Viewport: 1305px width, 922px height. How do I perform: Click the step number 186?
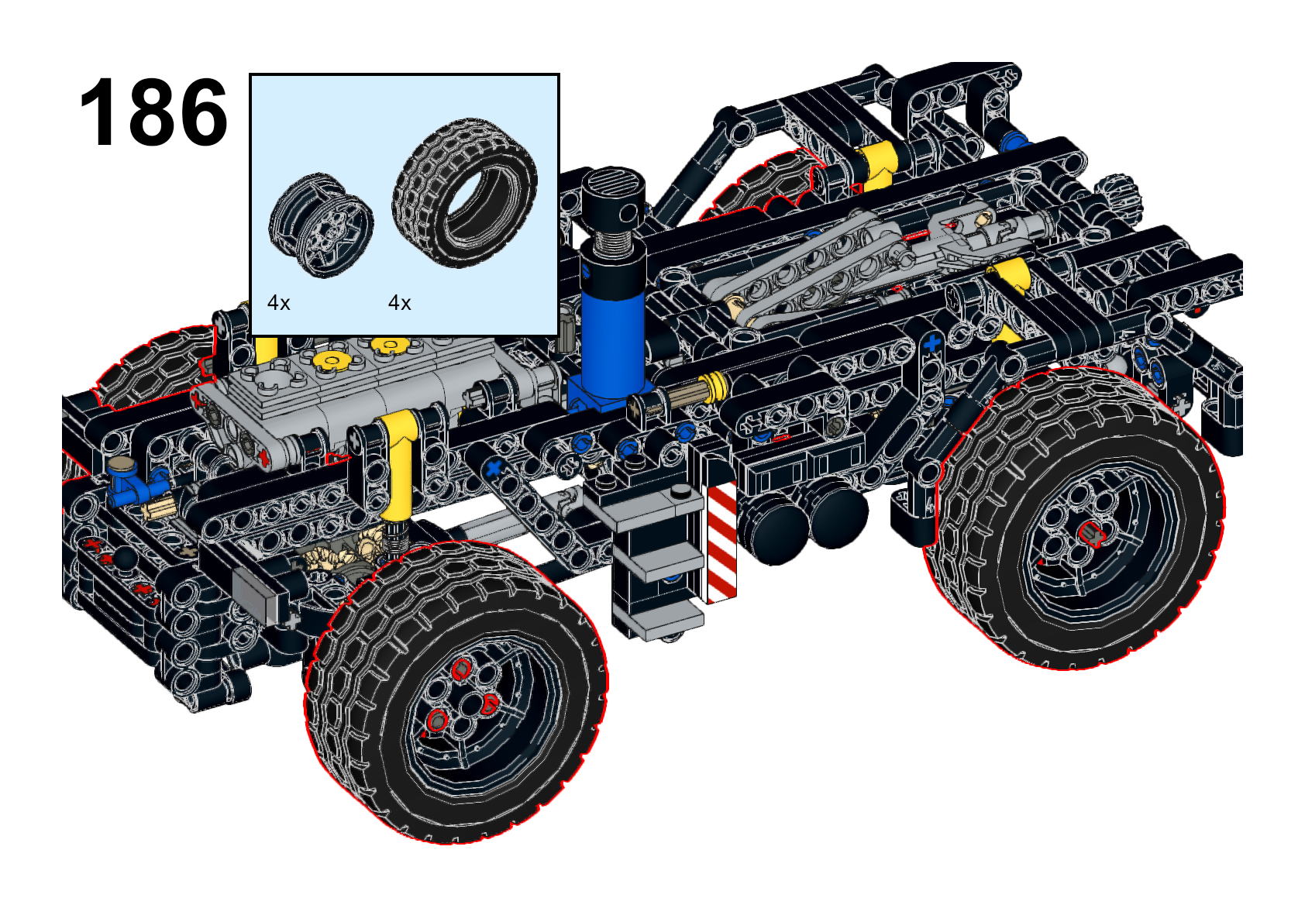pyautogui.click(x=153, y=112)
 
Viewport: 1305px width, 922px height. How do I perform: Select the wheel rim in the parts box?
pyautogui.click(x=321, y=225)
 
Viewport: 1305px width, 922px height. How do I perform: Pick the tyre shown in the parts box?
pyautogui.click(x=464, y=193)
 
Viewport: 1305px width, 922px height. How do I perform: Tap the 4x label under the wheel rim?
pyautogui.click(x=278, y=303)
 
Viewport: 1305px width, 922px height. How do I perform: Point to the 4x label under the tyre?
pyautogui.click(x=400, y=303)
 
